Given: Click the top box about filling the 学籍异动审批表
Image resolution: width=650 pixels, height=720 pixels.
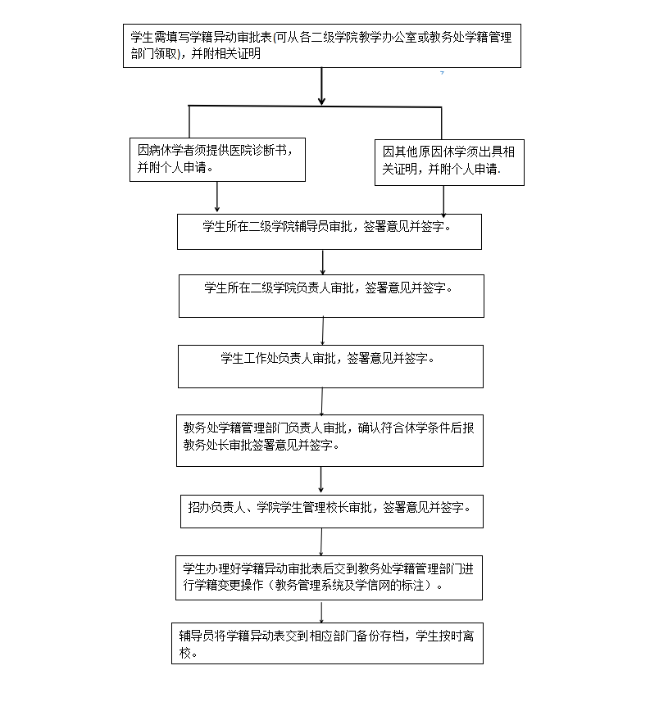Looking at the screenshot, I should (325, 46).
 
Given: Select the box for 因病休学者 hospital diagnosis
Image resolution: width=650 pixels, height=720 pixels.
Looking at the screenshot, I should (217, 159).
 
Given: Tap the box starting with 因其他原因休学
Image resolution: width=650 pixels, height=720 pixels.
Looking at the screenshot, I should (449, 161).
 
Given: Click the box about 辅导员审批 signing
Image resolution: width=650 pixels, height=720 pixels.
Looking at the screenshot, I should (329, 232).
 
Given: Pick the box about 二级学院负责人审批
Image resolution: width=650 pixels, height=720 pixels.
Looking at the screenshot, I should (331, 296).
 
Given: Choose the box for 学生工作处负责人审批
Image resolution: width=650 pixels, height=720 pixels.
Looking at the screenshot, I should (330, 366).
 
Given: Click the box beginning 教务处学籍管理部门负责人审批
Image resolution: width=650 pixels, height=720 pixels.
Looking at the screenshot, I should (330, 441).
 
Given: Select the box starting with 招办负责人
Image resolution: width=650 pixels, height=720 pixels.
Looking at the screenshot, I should (330, 511).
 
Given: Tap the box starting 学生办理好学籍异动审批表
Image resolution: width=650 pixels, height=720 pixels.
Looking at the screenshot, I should (330, 577).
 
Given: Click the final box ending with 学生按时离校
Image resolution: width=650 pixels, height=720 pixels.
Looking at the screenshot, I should (330, 644).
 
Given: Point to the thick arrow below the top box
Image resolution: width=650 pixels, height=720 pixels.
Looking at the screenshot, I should (321, 87).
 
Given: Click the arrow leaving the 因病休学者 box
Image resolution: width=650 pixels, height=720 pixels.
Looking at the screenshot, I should (217, 197).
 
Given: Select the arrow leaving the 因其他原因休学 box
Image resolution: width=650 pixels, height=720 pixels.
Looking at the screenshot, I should (443, 200).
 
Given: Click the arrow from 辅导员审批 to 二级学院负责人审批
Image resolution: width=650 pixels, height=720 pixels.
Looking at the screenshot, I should (323, 262).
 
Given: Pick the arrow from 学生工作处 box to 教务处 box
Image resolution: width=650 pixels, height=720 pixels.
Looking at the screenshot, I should (322, 402).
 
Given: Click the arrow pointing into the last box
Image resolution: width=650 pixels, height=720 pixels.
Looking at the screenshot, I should (321, 613).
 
